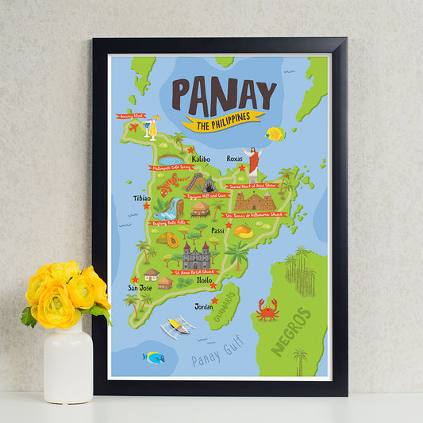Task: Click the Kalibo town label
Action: (x=201, y=159)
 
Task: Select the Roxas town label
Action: (x=235, y=159)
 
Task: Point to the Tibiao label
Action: (x=143, y=198)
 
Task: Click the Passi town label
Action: (x=217, y=230)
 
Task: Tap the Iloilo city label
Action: (x=205, y=280)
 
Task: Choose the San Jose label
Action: (x=140, y=287)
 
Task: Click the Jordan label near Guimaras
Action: (x=203, y=305)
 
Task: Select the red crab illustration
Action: (x=267, y=310)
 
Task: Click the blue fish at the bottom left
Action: (x=153, y=357)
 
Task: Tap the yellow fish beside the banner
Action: (x=275, y=133)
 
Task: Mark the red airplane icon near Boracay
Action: (x=133, y=127)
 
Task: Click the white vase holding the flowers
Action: (x=67, y=364)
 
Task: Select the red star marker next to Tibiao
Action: (x=146, y=206)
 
